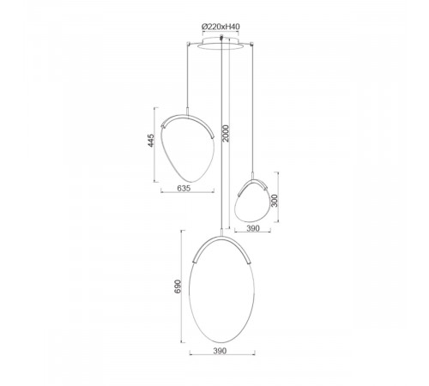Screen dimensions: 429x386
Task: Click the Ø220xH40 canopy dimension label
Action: pos(221,27)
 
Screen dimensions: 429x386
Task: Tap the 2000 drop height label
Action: pos(226,133)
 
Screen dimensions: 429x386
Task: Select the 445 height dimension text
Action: pos(151,140)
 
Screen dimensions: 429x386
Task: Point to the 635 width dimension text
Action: pos(184,188)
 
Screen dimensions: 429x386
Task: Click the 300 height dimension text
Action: pos(274,201)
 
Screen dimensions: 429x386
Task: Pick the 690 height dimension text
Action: pos(178,286)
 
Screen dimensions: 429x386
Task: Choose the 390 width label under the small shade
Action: pos(253,228)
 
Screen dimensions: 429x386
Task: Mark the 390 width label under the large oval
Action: pos(220,351)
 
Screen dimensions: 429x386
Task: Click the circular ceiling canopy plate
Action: pos(221,43)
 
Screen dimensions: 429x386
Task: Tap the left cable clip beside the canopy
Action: pos(188,44)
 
